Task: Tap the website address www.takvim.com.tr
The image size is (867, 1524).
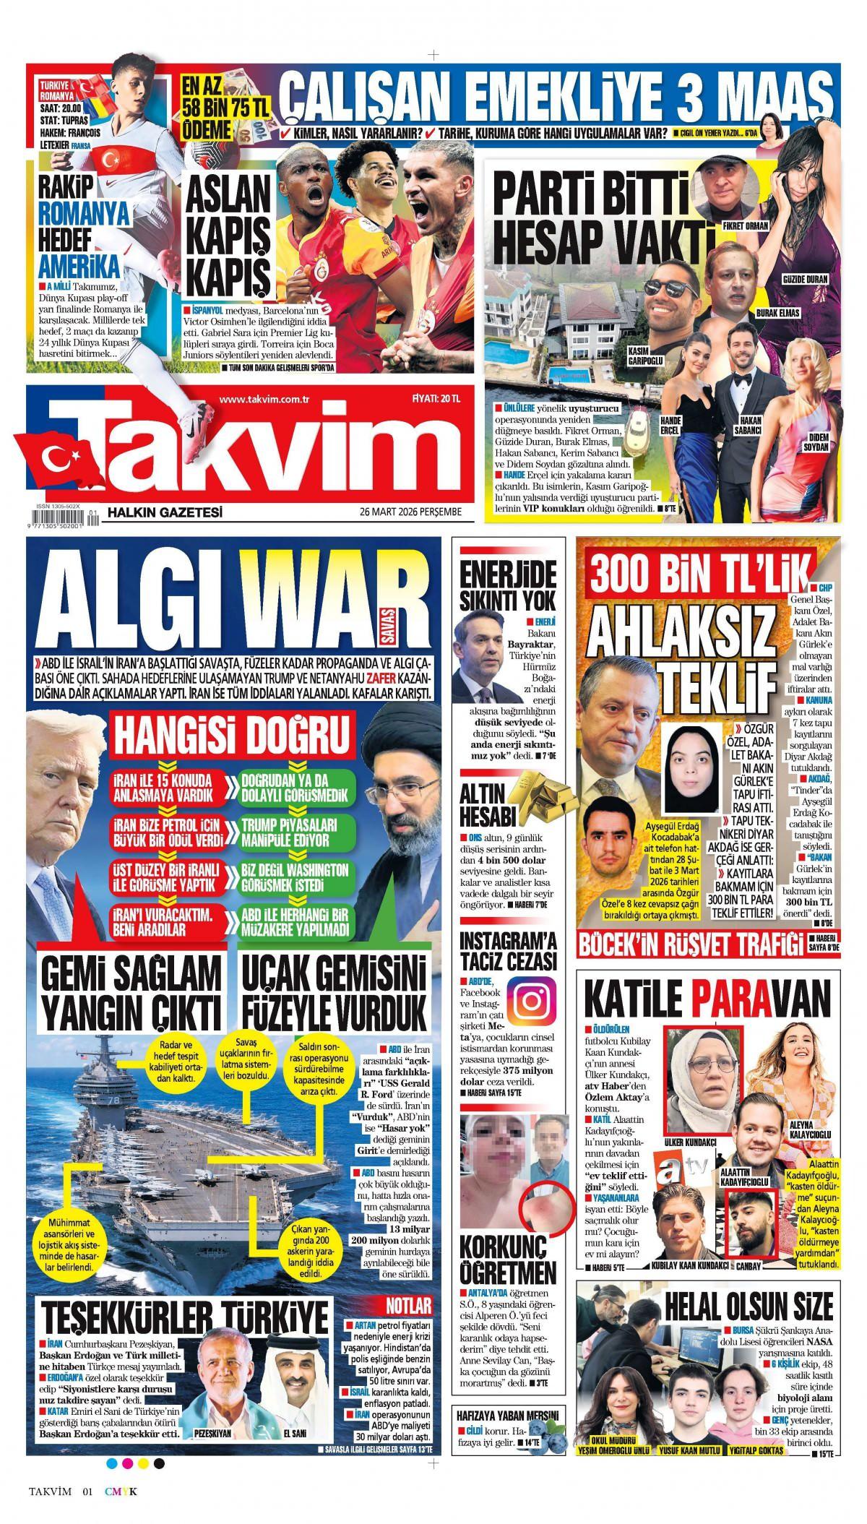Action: [x=264, y=400]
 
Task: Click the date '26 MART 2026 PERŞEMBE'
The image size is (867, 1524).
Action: [x=409, y=512]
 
